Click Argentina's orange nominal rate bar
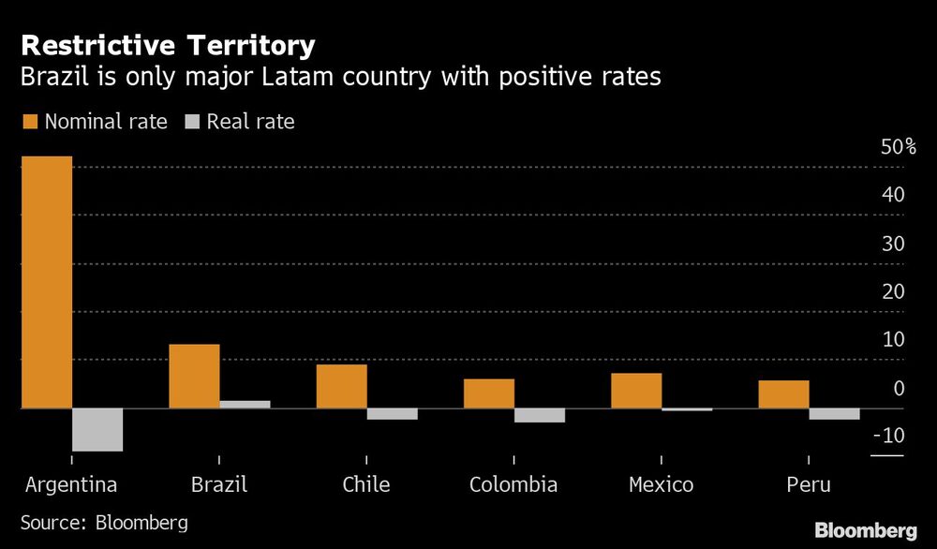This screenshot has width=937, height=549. point(47,281)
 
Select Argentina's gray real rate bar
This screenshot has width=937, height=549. point(97,430)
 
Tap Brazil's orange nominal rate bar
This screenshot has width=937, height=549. point(194,377)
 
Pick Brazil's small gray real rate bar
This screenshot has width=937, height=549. point(245,405)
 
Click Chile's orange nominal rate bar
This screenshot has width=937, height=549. point(341,386)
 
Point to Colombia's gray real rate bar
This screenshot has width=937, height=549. point(540,415)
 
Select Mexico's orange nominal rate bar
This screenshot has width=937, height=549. point(636,391)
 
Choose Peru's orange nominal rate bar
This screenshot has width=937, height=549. point(783,394)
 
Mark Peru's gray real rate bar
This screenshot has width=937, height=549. point(834,414)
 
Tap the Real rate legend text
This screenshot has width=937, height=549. point(250,121)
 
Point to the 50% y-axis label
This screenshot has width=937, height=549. point(897,148)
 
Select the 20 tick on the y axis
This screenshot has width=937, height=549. point(893,291)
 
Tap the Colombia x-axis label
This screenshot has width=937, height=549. point(513,484)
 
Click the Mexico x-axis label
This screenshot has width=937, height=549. point(661,484)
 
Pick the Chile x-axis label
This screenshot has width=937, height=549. point(365,484)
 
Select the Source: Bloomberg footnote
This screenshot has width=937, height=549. point(104,522)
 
